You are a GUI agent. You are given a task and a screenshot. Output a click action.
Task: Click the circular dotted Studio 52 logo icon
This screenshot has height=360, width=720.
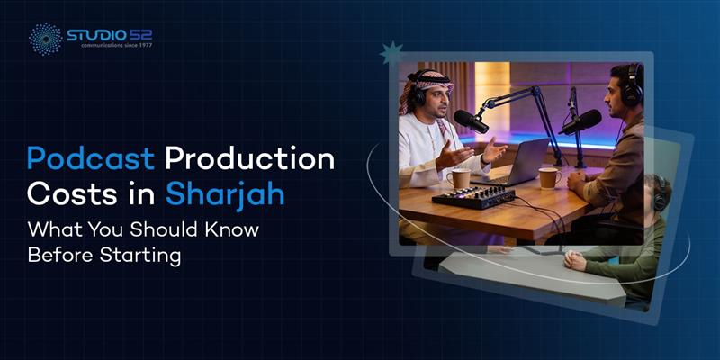[45, 39]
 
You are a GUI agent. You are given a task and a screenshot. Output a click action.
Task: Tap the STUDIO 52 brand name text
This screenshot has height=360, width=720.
[109, 35]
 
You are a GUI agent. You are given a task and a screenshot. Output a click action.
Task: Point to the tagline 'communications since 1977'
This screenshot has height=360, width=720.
[109, 46]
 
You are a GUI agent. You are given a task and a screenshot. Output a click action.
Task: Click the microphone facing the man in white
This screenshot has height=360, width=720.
[471, 121]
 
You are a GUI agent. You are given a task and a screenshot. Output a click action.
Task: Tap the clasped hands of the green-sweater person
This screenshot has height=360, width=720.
[576, 260]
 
